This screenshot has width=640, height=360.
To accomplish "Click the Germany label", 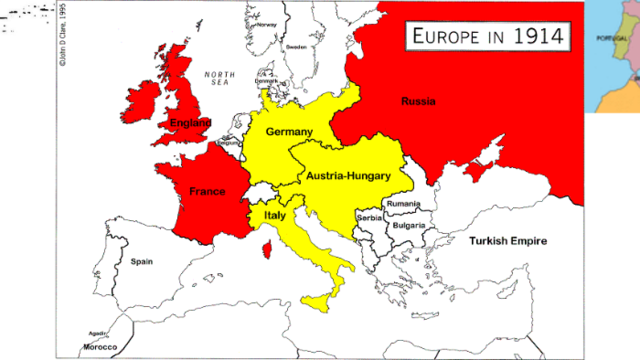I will [x=289, y=131].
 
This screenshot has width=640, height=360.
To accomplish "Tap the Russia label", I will [x=418, y=101].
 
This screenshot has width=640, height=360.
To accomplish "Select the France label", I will [x=207, y=190].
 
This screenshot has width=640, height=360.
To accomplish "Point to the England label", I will [x=190, y=123].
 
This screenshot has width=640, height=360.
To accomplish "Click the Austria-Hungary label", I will [x=346, y=174].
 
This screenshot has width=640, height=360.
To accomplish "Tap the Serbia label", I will [x=370, y=218].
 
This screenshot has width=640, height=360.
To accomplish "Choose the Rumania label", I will [x=403, y=204].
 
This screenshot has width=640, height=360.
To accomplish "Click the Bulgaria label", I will [x=408, y=225].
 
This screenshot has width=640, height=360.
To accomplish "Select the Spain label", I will [x=142, y=261].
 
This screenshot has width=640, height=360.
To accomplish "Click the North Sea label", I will [x=218, y=79].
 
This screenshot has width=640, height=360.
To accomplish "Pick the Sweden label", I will [x=296, y=47].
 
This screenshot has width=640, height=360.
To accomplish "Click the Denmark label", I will [x=266, y=81].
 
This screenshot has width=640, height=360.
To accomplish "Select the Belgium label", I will [x=229, y=142].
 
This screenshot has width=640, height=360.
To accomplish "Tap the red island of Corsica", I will [x=267, y=249].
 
